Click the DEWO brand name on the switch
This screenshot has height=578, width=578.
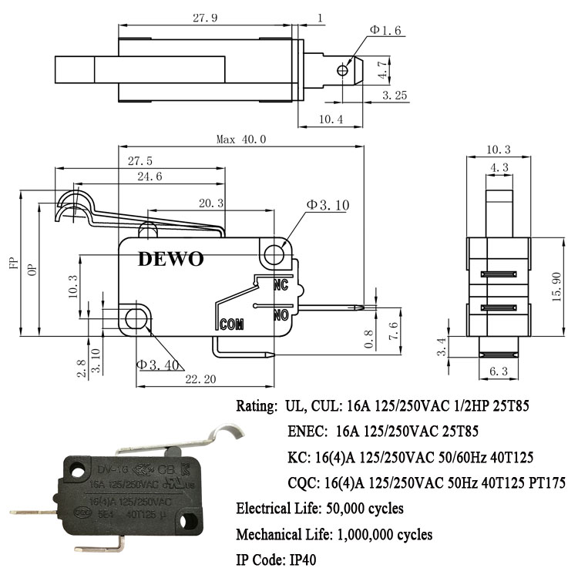click(x=171, y=259)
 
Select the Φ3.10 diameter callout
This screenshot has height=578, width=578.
click(x=328, y=205)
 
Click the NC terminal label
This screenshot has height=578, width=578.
click(x=281, y=285)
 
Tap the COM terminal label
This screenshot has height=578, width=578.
click(x=232, y=324)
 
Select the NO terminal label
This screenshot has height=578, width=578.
click(x=281, y=314)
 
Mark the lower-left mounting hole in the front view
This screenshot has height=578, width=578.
click(x=136, y=317)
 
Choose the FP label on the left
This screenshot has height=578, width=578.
click(x=13, y=264)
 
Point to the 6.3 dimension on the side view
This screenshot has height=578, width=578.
click(x=498, y=371)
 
